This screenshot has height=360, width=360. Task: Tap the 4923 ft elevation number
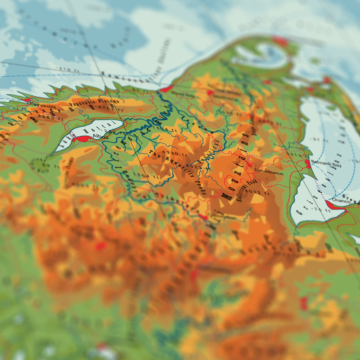195,167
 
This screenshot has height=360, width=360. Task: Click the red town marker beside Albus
82,139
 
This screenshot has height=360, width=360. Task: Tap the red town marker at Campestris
27,100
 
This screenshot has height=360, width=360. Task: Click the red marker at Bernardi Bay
308,163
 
